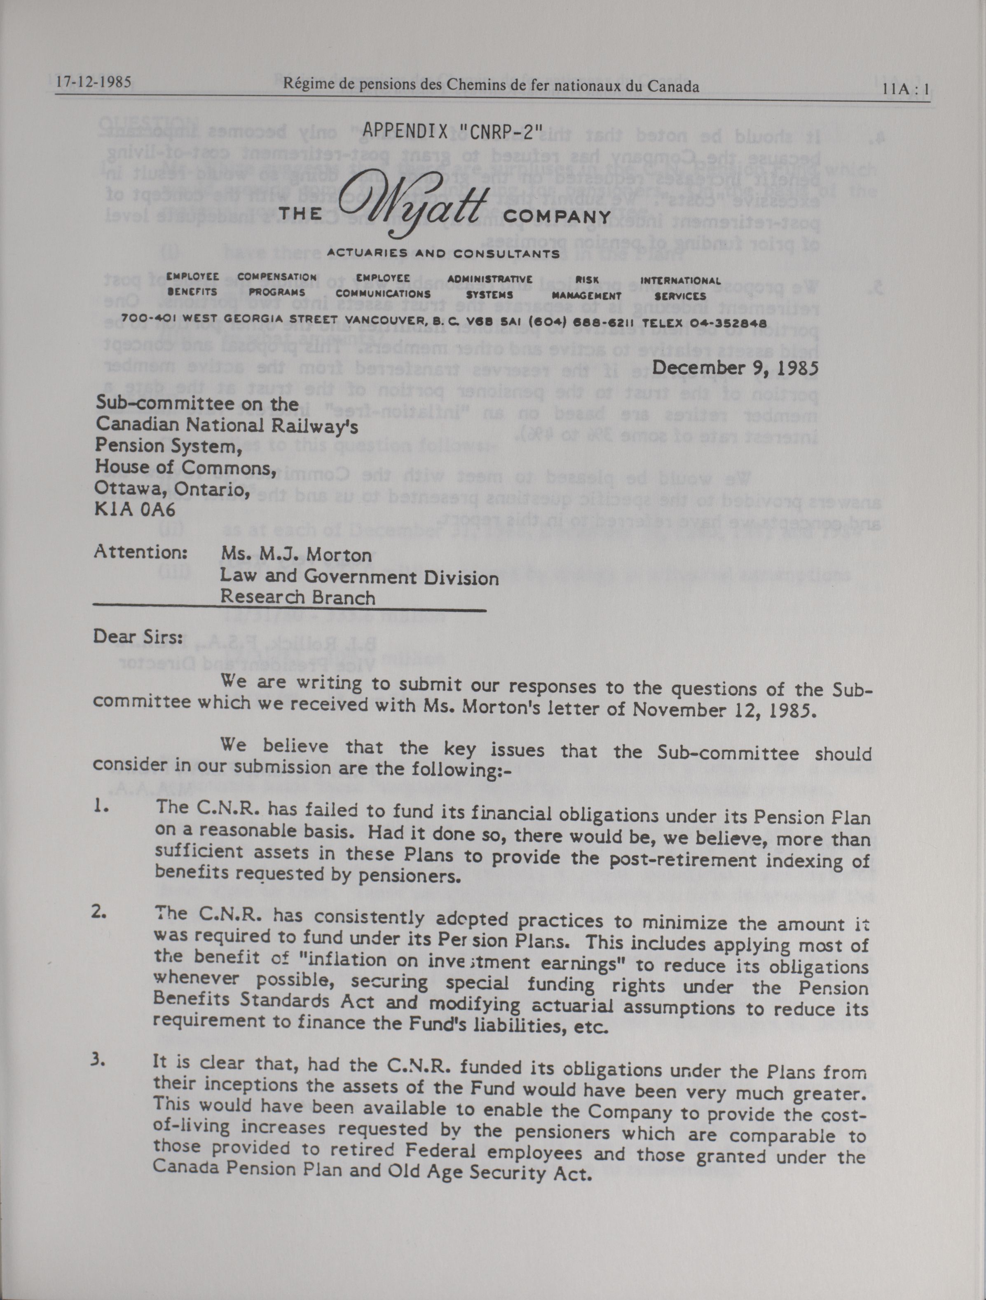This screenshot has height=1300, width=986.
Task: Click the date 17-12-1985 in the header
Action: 93,82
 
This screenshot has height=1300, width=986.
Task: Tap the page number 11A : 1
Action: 905,90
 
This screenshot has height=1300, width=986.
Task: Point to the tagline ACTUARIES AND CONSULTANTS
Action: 443,254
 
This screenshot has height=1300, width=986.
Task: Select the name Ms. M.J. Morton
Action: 295,555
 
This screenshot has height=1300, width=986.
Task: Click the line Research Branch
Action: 298,598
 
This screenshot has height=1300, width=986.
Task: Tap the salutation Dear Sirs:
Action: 138,637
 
